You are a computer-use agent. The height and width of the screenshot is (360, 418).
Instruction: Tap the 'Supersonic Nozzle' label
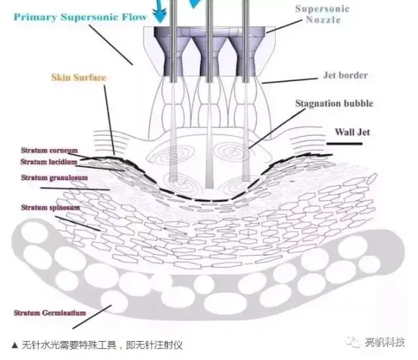[x=321, y=14]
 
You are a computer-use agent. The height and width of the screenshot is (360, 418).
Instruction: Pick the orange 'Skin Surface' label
[x=78, y=77]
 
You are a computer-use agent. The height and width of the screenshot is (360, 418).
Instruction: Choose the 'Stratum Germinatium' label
[x=50, y=313]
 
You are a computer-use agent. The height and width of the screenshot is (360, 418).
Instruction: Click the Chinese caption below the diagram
[x=111, y=346]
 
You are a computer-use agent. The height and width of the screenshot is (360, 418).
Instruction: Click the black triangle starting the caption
[x=15, y=346]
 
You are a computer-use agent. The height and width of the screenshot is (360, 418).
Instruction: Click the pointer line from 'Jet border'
[x=291, y=81]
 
